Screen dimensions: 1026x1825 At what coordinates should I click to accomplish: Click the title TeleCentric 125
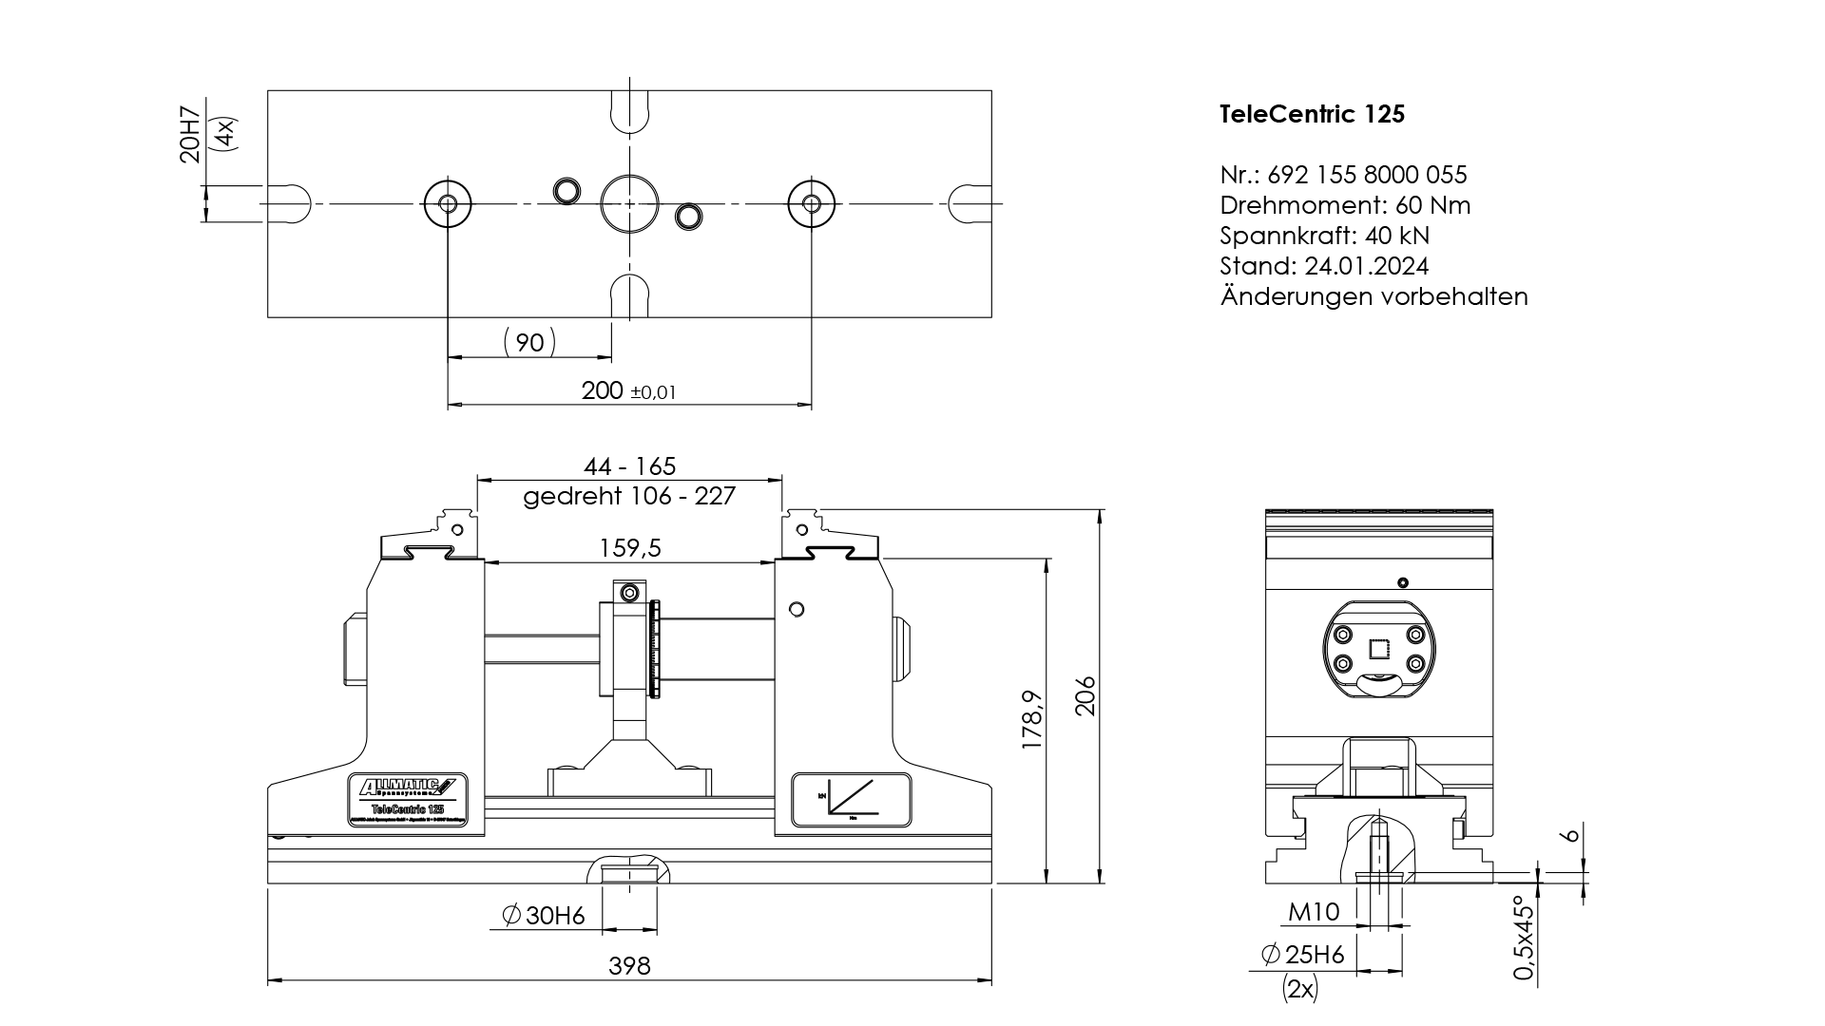tap(1312, 114)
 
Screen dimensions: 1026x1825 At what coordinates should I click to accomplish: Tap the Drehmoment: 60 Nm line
tap(1345, 205)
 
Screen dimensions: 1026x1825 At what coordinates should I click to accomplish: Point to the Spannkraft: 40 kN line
tap(1324, 236)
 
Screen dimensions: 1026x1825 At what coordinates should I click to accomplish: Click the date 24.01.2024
tap(1367, 266)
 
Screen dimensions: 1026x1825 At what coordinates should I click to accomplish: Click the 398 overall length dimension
tap(629, 966)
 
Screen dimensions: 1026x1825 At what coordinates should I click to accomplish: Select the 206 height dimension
tap(1085, 696)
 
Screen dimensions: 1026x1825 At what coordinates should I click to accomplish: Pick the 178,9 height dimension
tap(1032, 720)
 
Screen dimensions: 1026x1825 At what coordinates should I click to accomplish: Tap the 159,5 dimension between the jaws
tap(629, 548)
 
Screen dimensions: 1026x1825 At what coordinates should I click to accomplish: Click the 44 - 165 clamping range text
tap(629, 466)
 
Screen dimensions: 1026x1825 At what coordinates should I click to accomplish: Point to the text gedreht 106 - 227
tap(629, 496)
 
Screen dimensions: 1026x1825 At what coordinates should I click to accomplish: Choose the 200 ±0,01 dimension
tap(628, 390)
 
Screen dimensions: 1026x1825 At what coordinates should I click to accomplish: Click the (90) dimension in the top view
tap(529, 342)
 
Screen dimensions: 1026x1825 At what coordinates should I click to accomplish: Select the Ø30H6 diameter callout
tap(544, 916)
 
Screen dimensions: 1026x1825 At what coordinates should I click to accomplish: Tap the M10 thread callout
tap(1314, 913)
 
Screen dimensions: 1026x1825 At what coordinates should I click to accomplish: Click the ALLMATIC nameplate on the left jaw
tap(407, 803)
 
